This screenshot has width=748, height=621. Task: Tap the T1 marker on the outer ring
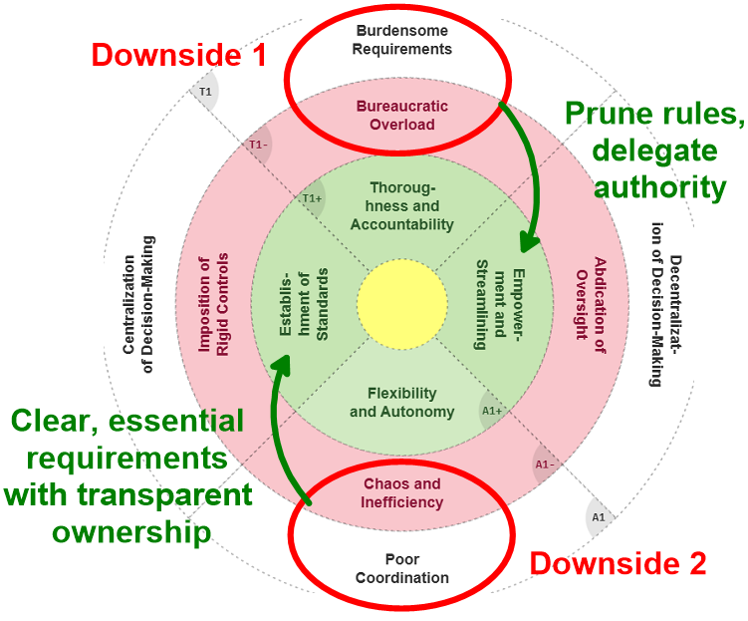(205, 93)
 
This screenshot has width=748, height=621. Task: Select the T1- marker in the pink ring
(259, 146)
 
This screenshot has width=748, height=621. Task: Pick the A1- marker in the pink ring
(544, 465)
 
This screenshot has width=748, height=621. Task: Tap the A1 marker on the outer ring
(599, 517)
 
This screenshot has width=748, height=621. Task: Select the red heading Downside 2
(618, 563)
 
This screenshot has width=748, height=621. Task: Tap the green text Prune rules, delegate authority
(654, 150)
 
